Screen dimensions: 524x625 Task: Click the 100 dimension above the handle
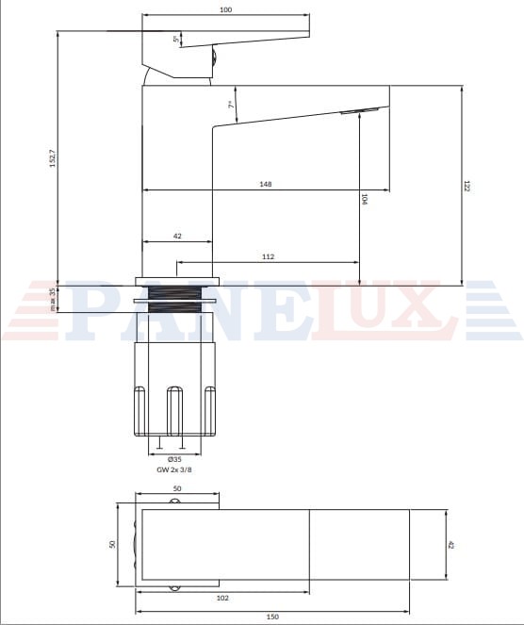coord(225,9)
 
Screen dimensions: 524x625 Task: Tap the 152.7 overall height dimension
coord(53,158)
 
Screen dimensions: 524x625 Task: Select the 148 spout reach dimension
coord(266,184)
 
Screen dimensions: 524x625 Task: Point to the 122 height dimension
coord(467,186)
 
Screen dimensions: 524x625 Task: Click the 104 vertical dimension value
coord(364,199)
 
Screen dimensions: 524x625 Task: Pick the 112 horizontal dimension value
coord(269,256)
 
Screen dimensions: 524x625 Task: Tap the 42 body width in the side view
coord(177,236)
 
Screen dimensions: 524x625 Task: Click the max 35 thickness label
coord(53,300)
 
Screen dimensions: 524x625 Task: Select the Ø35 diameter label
coord(174,459)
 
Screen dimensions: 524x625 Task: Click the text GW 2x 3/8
coord(174,469)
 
